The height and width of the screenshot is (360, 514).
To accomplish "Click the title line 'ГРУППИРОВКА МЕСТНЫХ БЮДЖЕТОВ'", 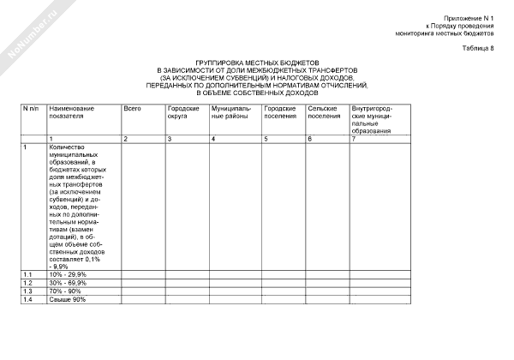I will pos(258,63).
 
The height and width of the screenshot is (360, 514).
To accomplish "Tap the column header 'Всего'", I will pos(132,110).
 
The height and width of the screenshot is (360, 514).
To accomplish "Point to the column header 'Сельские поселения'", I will pos(324,113).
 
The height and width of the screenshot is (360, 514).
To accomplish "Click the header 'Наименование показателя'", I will pos(71,113).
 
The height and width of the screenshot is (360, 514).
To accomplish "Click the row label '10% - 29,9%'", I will pos(68,274).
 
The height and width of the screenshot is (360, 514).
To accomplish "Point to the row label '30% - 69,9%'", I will pos(68,283).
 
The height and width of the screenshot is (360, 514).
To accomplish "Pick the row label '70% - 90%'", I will pos(65,291).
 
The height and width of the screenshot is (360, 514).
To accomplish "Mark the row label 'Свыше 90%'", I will pos(67,299).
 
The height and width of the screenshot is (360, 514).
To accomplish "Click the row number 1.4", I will pos(27,299).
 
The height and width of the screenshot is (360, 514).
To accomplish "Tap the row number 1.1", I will pos(27,274).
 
